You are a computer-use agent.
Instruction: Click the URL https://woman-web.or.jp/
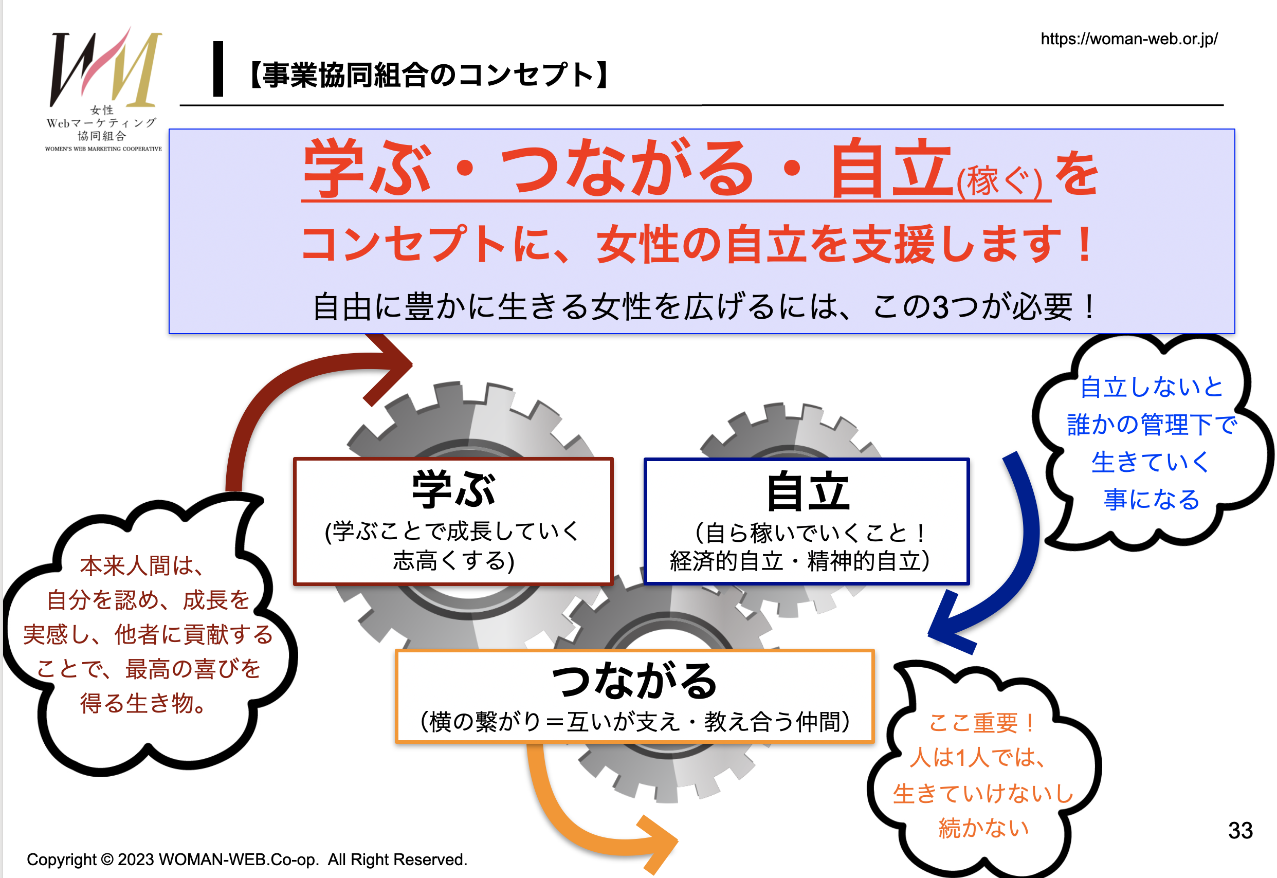[1129, 39]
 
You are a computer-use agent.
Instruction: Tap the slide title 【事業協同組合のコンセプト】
[429, 76]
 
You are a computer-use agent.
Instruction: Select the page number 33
[1240, 830]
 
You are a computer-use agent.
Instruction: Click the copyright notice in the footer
[247, 859]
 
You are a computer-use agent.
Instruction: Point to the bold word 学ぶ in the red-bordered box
[453, 489]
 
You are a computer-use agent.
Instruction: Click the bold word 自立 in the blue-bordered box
[808, 491]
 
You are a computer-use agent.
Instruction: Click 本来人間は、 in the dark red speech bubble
[141, 565]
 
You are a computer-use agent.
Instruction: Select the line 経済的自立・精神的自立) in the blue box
[799, 561]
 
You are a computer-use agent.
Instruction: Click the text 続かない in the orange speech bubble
[984, 828]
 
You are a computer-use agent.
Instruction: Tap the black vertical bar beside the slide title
[218, 69]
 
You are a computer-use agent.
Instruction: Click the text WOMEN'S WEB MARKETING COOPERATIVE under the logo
[103, 149]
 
